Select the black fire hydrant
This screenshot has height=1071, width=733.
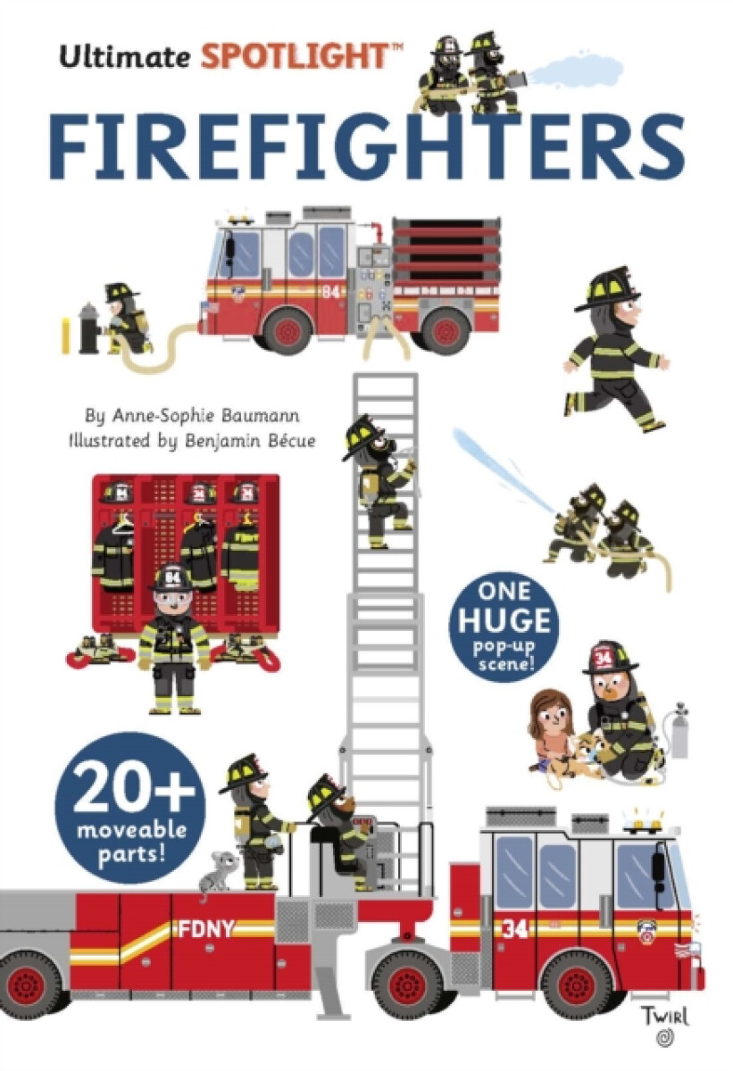click(87, 328)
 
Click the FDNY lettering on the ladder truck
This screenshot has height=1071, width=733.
click(206, 929)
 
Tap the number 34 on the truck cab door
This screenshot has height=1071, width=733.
click(514, 929)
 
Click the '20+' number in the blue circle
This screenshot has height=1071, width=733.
click(129, 785)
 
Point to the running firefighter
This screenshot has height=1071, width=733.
click(616, 353)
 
